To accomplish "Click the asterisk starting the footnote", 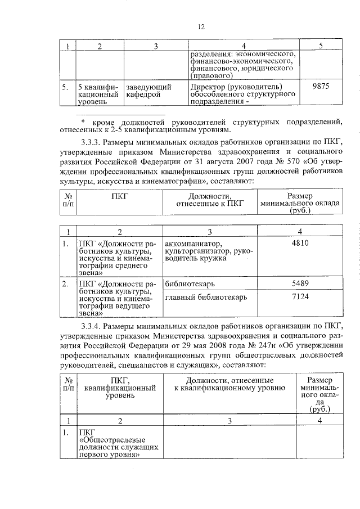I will tap(83, 121).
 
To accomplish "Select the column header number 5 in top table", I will tap(319, 46).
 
